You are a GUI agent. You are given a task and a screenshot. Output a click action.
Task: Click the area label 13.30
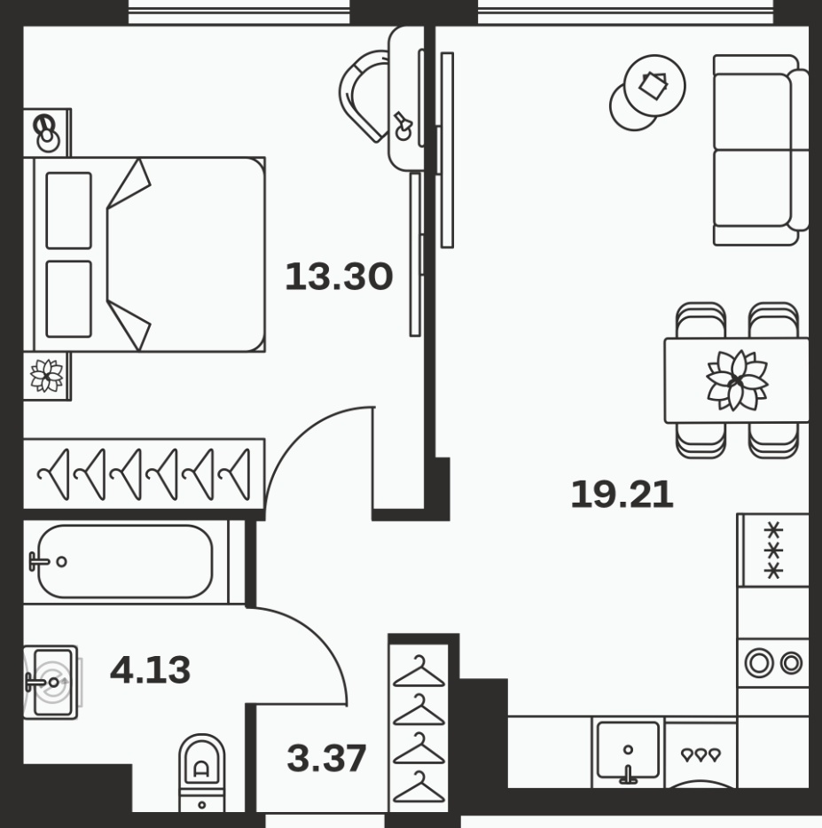pyautogui.click(x=339, y=277)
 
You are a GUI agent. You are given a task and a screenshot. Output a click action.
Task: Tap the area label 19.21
pyautogui.click(x=622, y=495)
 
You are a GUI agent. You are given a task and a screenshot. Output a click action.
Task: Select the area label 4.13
pyautogui.click(x=150, y=669)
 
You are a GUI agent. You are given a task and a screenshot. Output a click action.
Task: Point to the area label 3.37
pyautogui.click(x=326, y=758)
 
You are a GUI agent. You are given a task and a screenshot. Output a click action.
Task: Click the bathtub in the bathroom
pyautogui.click(x=125, y=561)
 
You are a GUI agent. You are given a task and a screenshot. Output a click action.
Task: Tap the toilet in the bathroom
pyautogui.click(x=202, y=772)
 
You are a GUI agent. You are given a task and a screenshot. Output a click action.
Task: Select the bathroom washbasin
pyautogui.click(x=51, y=683)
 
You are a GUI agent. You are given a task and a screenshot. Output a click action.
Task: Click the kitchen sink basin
pyautogui.click(x=628, y=751)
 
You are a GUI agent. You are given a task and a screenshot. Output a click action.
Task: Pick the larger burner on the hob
pyautogui.click(x=759, y=662)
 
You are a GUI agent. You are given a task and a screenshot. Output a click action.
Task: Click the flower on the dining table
pyautogui.click(x=737, y=380)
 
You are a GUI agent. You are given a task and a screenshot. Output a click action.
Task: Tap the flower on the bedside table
pyautogui.click(x=46, y=376)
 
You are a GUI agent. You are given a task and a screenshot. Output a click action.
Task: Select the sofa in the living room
pyautogui.click(x=761, y=150)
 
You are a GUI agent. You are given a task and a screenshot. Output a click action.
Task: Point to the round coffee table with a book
pyautogui.click(x=654, y=85)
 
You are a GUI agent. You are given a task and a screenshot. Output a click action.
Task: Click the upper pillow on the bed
pyautogui.click(x=68, y=211)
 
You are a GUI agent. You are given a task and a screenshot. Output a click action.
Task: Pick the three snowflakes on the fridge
pyautogui.click(x=773, y=550)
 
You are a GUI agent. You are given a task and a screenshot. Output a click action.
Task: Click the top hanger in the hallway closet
pyautogui.click(x=419, y=672)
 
